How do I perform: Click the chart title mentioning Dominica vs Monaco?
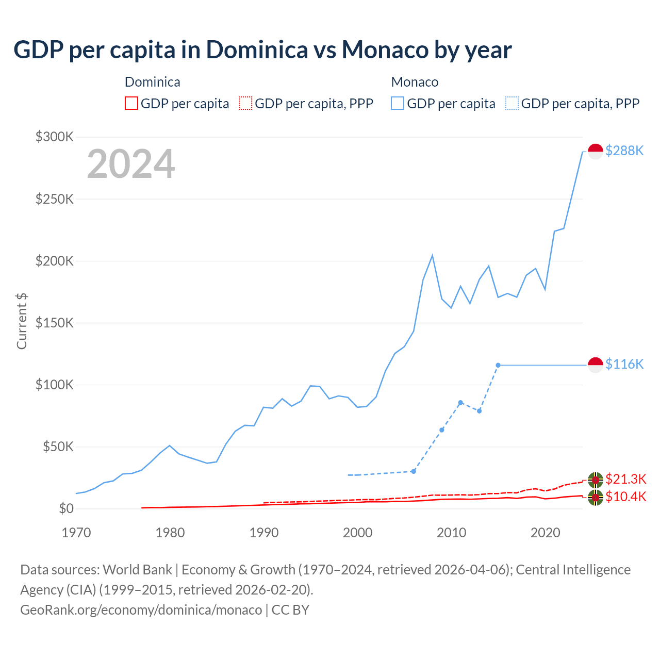[262, 49]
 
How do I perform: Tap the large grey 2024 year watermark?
[131, 164]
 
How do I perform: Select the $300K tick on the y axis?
[55, 137]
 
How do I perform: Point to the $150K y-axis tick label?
[55, 323]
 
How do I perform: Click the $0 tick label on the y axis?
[66, 508]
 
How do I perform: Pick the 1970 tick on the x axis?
[76, 533]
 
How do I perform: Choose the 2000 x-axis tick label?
[358, 533]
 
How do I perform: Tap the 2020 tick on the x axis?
[546, 533]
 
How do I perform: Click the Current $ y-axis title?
[22, 321]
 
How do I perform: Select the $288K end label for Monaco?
[624, 151]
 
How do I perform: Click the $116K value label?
[624, 364]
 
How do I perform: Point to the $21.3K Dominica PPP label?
[625, 479]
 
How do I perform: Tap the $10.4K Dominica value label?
[625, 497]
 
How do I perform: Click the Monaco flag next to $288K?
[596, 151]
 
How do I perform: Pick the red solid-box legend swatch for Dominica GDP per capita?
[131, 104]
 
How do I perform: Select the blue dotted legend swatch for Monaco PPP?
[512, 104]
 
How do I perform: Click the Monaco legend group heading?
[415, 82]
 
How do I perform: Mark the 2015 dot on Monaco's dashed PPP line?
[498, 365]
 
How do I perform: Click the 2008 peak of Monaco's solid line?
[432, 256]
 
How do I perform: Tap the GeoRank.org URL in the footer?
[141, 609]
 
